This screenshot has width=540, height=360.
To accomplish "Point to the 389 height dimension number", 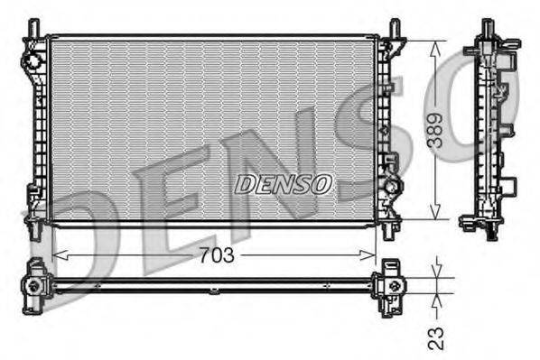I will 436,129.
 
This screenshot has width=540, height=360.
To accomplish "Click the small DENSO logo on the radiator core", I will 284,184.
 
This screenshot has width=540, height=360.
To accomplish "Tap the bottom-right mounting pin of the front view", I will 388,231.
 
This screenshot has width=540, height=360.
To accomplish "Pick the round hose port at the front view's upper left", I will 33,61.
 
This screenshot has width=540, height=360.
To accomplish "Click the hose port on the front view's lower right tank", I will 393,187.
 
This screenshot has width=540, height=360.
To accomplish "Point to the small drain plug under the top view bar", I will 214,291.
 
